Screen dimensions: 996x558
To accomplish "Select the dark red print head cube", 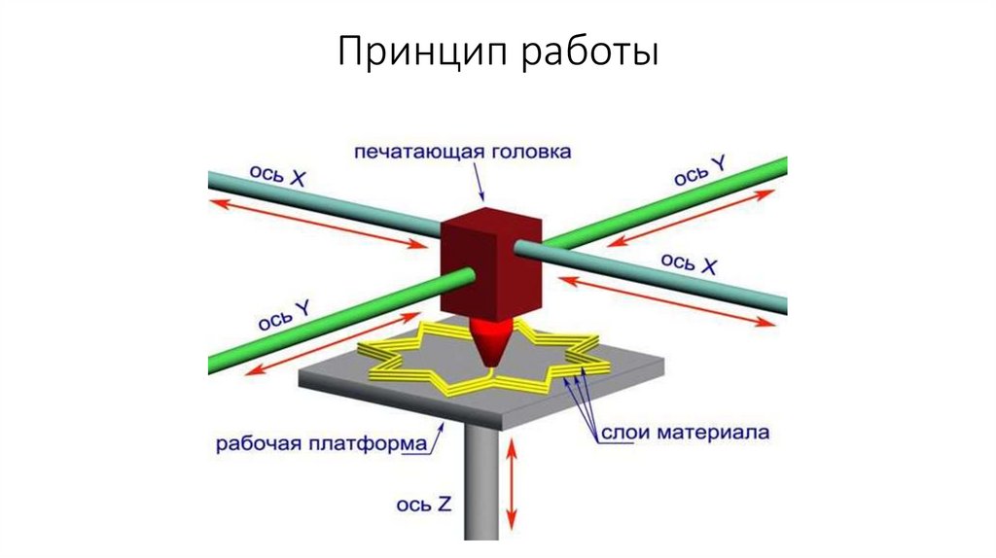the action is tap(489, 262).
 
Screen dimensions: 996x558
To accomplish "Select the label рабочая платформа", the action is tap(322, 444).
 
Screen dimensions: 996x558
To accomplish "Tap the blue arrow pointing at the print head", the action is tap(478, 184).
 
